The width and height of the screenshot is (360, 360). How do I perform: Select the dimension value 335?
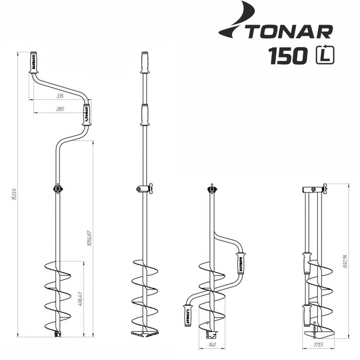[60, 96]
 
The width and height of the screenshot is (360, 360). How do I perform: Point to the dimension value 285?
[60, 109]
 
